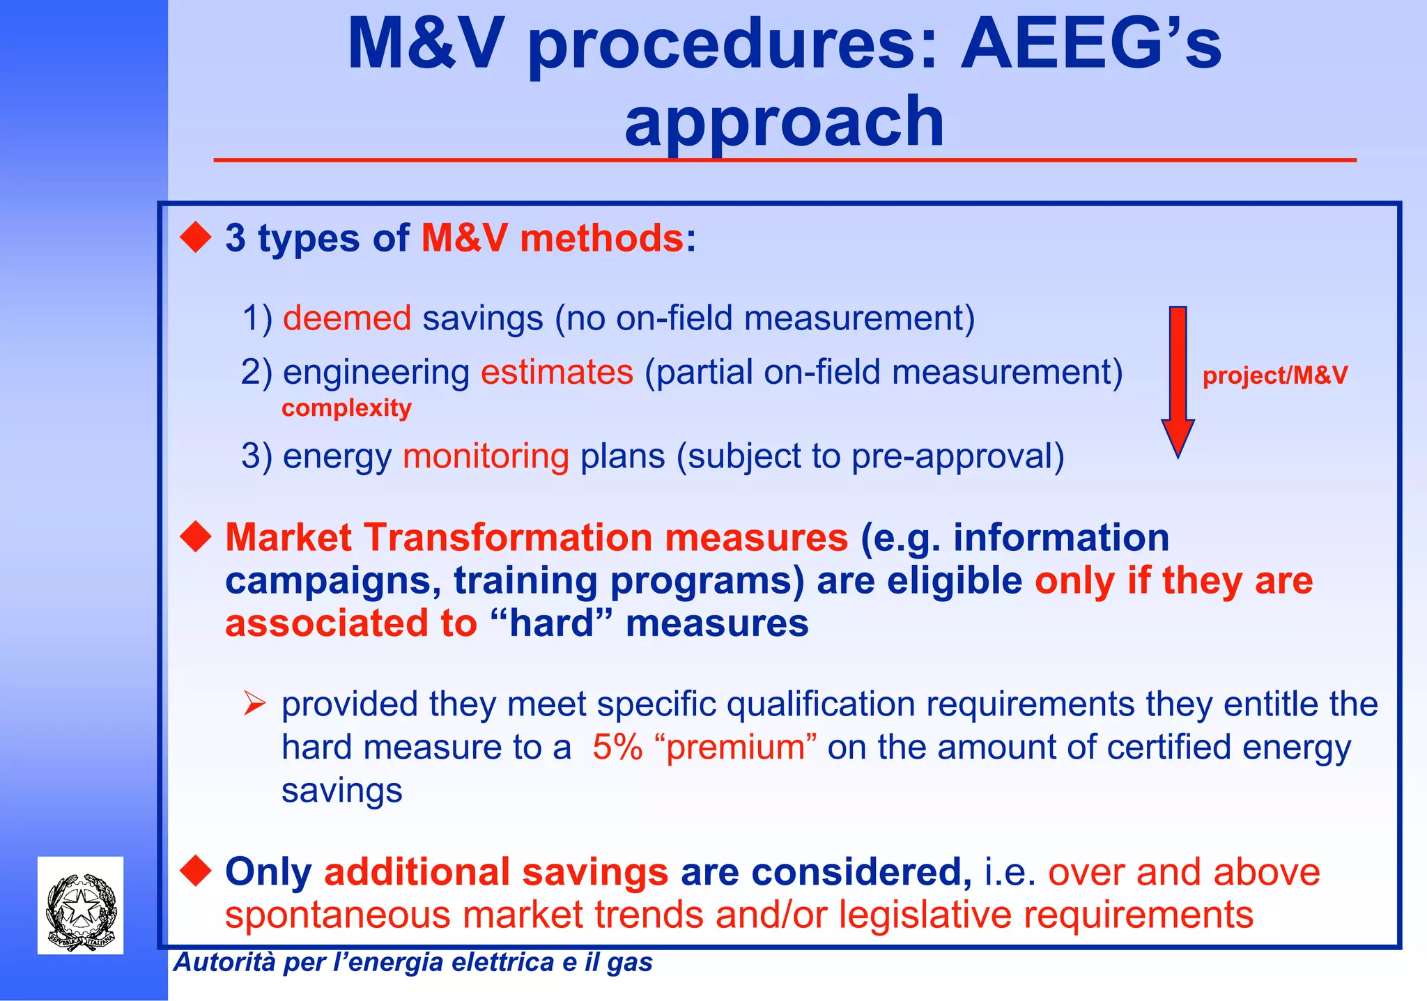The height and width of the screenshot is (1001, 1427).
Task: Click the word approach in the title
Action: tap(784, 123)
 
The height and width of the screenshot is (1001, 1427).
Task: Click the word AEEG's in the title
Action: tap(1090, 45)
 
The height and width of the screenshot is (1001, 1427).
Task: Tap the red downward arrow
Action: tap(1178, 380)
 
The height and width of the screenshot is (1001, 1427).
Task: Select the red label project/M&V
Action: tap(1275, 375)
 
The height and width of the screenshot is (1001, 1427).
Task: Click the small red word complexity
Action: tap(346, 408)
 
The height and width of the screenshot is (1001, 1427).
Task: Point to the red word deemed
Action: tap(347, 318)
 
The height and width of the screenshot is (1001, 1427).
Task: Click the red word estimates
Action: tap(557, 372)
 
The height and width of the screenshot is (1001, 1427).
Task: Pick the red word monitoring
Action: tap(486, 457)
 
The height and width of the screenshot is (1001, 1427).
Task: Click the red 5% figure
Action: tap(617, 747)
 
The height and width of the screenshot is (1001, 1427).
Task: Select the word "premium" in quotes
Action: tap(735, 747)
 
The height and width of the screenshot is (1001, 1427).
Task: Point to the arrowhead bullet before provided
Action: tap(254, 704)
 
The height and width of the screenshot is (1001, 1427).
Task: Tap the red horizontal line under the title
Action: tap(784, 160)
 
